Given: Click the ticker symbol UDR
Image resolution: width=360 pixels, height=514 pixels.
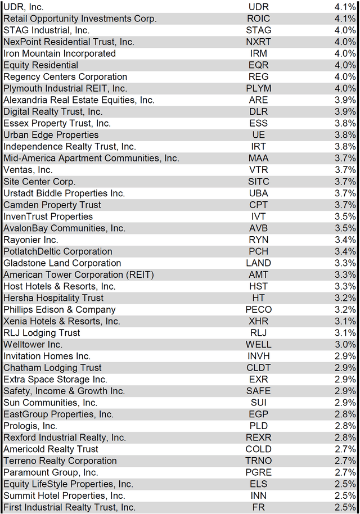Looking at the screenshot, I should click(259, 7).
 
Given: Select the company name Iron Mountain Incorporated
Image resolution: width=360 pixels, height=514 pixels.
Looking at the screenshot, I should click(60, 53).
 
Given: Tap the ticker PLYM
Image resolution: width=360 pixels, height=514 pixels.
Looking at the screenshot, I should click(259, 88).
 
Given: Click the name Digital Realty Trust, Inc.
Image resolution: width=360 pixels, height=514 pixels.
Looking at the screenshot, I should click(53, 112).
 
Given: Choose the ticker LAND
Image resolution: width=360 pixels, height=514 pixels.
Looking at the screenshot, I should click(259, 263).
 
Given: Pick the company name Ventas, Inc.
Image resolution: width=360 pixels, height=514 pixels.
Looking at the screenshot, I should click(28, 170).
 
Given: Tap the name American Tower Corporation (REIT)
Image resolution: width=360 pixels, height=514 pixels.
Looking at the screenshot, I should click(79, 274).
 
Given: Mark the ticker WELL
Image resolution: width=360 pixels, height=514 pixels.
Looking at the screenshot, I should click(259, 344).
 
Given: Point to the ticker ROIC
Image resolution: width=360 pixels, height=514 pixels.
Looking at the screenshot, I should click(259, 19).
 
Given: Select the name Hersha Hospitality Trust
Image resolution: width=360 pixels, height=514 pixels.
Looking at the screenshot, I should click(53, 298).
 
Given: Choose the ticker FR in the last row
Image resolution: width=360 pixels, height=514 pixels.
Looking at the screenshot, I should click(259, 507).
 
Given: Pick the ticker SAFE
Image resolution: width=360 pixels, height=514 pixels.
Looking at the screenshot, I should click(259, 391).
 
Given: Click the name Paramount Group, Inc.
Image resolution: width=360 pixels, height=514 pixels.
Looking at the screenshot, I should click(51, 472).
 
